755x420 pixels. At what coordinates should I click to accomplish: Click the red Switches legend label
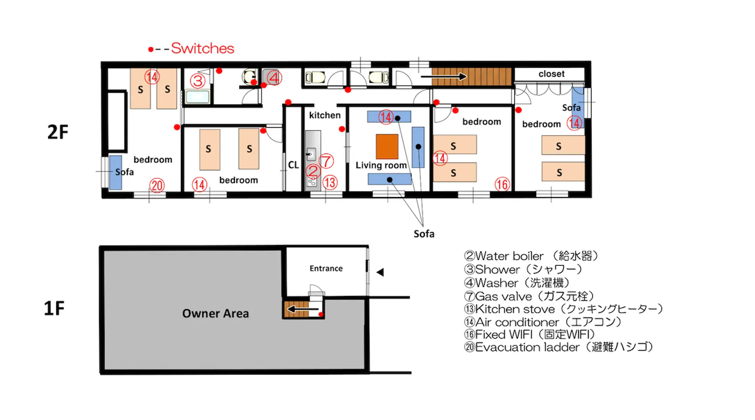pyautogui.click(x=203, y=48)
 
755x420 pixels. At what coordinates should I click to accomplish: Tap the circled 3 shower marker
pyautogui.click(x=198, y=81)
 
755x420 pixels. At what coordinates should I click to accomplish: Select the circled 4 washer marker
pyautogui.click(x=274, y=78)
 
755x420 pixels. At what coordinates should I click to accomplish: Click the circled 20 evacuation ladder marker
pyautogui.click(x=157, y=185)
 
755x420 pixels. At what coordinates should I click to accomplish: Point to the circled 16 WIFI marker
pyautogui.click(x=502, y=184)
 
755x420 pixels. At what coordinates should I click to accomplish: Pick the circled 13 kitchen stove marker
pyautogui.click(x=330, y=182)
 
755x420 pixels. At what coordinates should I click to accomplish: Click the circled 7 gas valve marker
pyautogui.click(x=326, y=161)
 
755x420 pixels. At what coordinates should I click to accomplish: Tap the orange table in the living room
pyautogui.click(x=387, y=147)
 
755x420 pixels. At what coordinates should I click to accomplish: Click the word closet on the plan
pyautogui.click(x=551, y=74)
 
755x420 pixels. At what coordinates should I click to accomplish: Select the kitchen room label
pyautogui.click(x=325, y=115)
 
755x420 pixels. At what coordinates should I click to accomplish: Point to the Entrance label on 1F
pyautogui.click(x=326, y=268)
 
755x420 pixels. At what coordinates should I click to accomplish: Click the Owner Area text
pyautogui.click(x=216, y=313)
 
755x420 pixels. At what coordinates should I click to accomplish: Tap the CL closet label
pyautogui.click(x=293, y=165)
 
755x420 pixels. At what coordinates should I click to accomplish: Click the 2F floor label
pyautogui.click(x=57, y=132)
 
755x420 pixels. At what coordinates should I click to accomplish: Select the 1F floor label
pyautogui.click(x=54, y=308)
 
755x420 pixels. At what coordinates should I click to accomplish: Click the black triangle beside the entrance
pyautogui.click(x=380, y=272)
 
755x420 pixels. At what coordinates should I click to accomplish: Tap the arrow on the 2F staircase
pyautogui.click(x=444, y=76)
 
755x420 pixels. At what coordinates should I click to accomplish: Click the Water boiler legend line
pyautogui.click(x=531, y=256)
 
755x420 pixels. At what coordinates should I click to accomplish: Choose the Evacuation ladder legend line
pyautogui.click(x=559, y=347)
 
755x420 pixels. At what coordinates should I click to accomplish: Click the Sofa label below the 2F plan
pyautogui.click(x=424, y=234)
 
